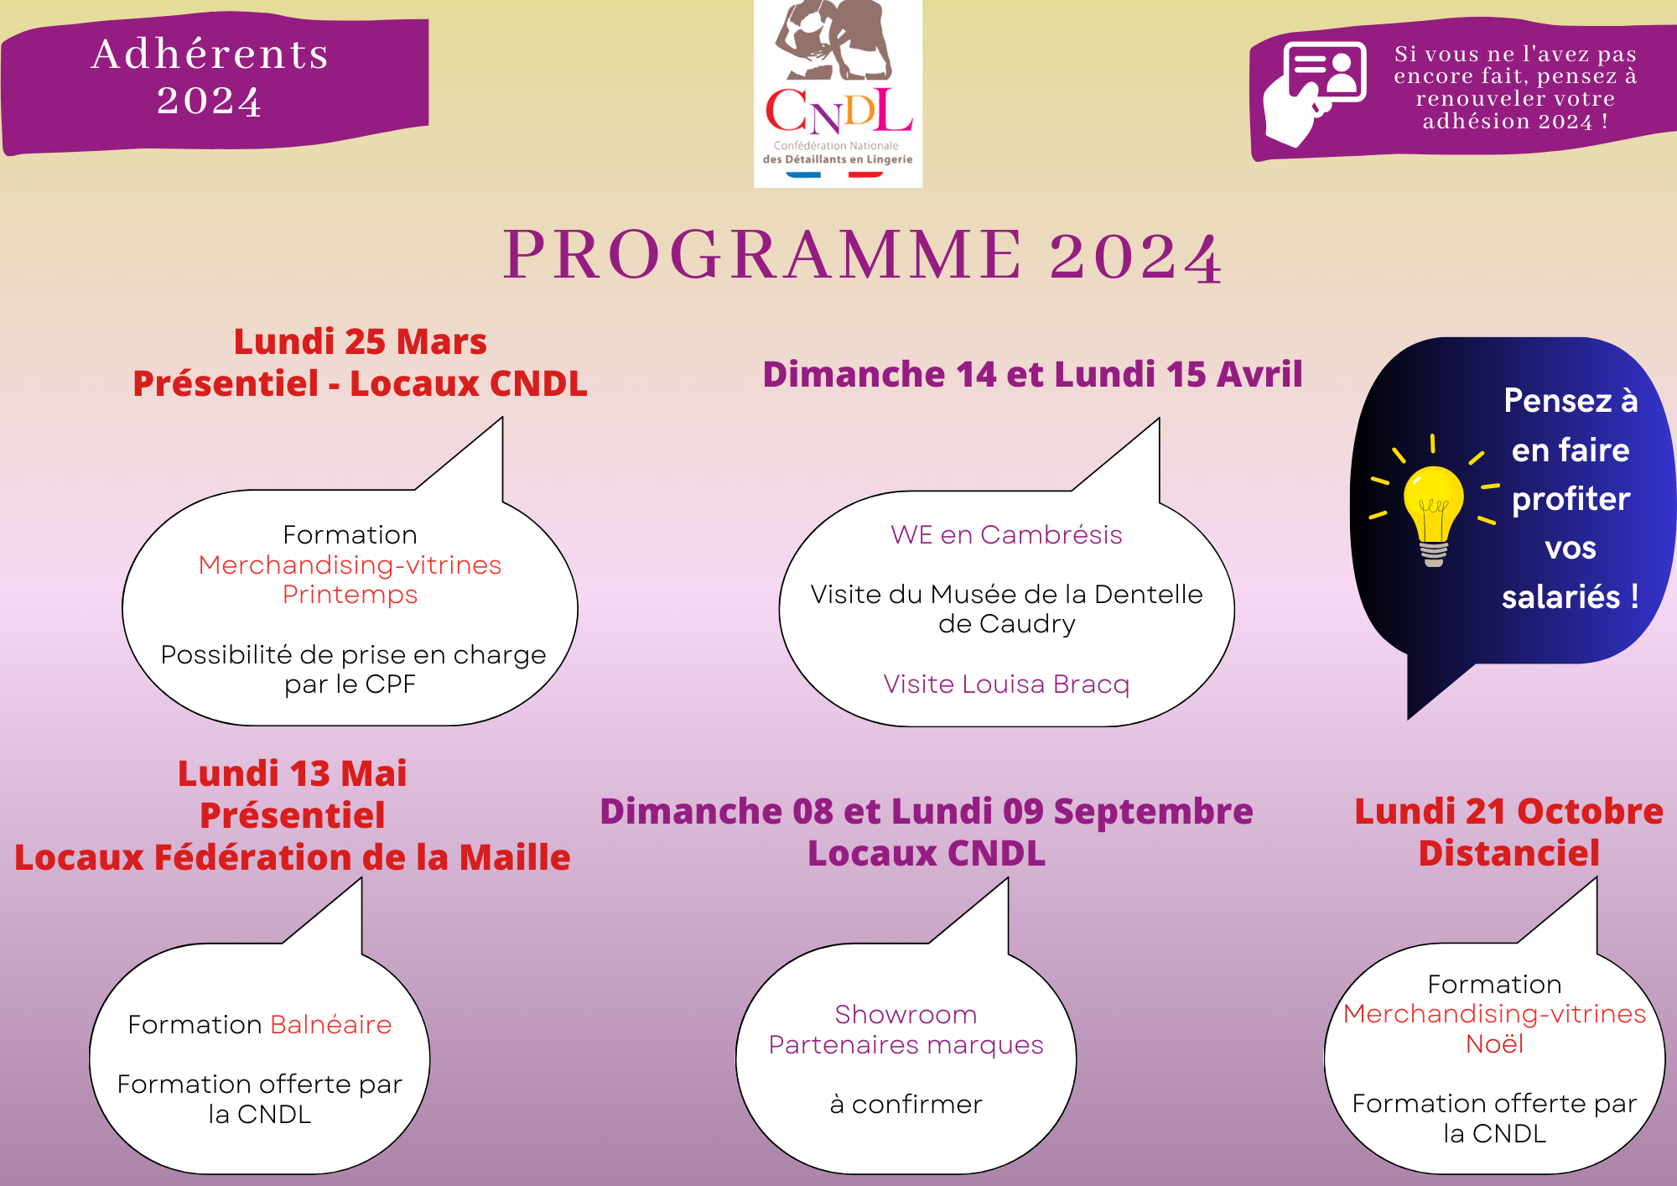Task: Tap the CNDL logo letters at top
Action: click(x=838, y=112)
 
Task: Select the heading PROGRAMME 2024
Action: click(x=863, y=255)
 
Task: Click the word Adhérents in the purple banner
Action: click(x=210, y=54)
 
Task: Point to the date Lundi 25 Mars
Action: click(x=360, y=341)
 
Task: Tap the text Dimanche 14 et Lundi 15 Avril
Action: click(x=1032, y=374)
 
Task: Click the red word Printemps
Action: click(x=350, y=596)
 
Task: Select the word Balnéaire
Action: click(x=331, y=1025)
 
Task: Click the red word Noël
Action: click(x=1494, y=1044)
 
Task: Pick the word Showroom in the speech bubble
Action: click(x=906, y=1015)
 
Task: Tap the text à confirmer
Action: click(x=906, y=1105)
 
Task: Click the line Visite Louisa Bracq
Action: click(x=1006, y=684)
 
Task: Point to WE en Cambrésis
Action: click(x=1006, y=535)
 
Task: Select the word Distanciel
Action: click(x=1509, y=853)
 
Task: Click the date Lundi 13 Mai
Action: click(x=292, y=773)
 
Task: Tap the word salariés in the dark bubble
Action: click(x=1560, y=597)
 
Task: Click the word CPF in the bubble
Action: click(x=390, y=685)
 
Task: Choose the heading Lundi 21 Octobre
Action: click(x=1509, y=811)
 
